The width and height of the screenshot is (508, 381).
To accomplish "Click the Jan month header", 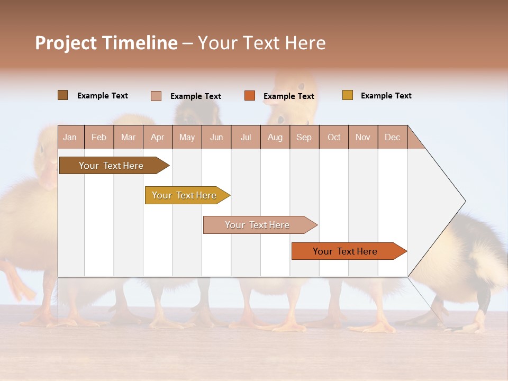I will [70, 137].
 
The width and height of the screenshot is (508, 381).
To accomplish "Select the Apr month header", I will [157, 137].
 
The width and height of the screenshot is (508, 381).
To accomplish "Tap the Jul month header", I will [246, 137].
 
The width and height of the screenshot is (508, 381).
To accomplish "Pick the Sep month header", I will [304, 137].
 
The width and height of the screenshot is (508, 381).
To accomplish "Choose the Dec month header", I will [392, 137].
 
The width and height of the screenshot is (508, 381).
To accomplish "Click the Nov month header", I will [362, 137].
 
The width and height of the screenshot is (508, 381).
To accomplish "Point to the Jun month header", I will [216, 137].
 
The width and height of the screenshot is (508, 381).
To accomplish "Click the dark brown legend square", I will [62, 95].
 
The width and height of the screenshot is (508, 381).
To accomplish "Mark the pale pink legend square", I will [156, 96].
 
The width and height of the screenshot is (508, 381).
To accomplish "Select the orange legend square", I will [250, 95].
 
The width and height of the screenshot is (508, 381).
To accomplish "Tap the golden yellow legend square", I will [348, 95].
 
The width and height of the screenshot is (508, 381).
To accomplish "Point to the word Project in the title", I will [65, 43].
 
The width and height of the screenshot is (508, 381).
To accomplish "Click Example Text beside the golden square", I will [386, 96].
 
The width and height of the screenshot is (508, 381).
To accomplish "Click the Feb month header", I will [99, 137].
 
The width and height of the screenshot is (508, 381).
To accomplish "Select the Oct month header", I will [334, 137].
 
